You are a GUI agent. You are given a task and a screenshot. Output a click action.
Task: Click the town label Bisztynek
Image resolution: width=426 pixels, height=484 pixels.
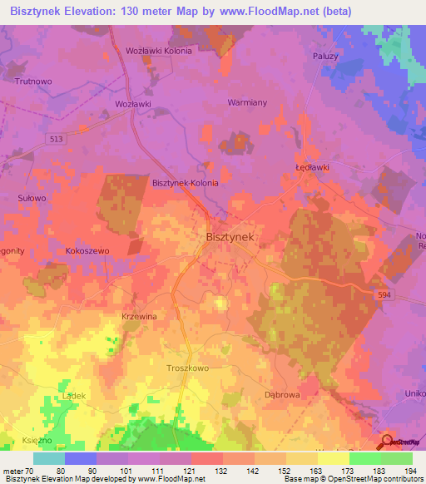(229, 237)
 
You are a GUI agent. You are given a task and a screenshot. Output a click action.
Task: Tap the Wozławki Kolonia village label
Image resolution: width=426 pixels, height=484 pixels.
(158, 51)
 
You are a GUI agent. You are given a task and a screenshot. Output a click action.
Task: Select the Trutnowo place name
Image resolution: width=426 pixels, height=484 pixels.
(34, 81)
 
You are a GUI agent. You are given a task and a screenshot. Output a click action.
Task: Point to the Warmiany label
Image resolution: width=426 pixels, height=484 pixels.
(246, 103)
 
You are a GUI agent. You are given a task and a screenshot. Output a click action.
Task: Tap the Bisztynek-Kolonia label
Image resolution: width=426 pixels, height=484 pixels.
(185, 183)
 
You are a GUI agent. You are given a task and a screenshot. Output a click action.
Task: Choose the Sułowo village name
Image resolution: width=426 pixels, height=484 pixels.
(32, 199)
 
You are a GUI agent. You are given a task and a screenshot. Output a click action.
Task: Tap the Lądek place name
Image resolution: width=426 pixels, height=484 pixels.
(73, 397)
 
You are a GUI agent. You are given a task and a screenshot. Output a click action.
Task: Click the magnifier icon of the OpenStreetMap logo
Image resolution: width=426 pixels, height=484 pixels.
(388, 442)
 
